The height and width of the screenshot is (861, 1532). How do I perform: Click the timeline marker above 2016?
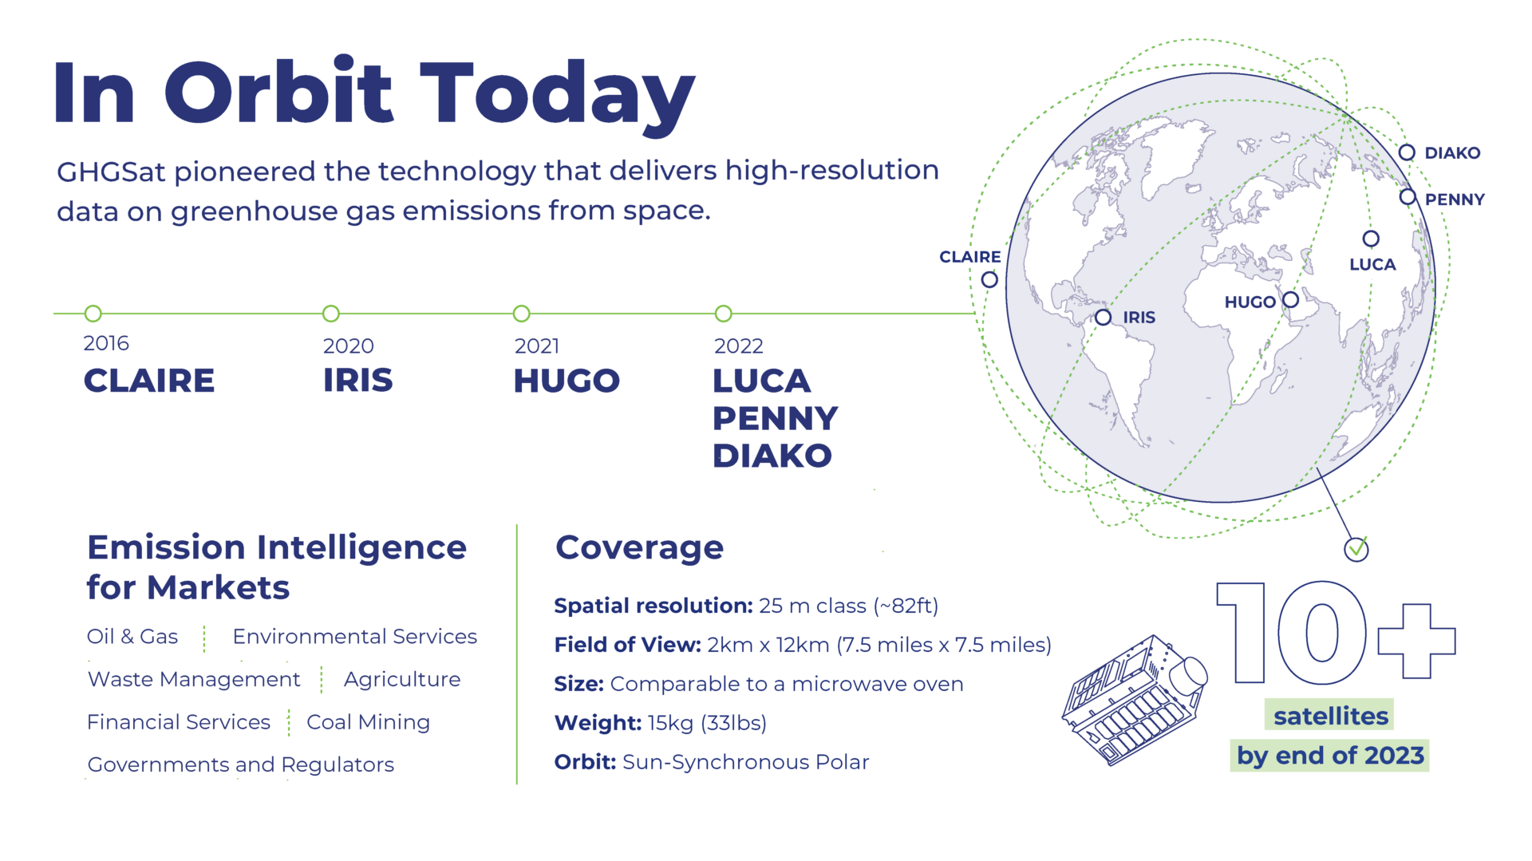[x=93, y=314]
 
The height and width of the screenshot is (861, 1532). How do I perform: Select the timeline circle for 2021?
[x=522, y=314]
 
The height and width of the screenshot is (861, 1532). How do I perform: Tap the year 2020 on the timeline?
[x=348, y=346]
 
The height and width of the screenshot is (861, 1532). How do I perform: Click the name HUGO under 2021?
[x=567, y=381]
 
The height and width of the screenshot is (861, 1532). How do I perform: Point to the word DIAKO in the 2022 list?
[x=772, y=456]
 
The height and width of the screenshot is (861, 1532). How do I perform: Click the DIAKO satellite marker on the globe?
[x=1407, y=152]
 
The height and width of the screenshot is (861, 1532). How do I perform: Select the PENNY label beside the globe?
[x=1454, y=199]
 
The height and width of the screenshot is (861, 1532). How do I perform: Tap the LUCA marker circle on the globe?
[x=1371, y=239]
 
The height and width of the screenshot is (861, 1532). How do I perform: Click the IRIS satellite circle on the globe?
[x=1104, y=318]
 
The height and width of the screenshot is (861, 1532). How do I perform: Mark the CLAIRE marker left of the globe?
[x=989, y=279]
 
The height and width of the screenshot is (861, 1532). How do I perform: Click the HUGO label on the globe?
[x=1250, y=302]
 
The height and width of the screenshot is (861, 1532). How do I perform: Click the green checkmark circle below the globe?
[x=1356, y=549]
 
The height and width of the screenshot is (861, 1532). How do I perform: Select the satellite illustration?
[x=1135, y=700]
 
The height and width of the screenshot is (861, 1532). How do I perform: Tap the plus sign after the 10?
[x=1416, y=641]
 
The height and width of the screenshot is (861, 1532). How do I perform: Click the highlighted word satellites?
[x=1331, y=716]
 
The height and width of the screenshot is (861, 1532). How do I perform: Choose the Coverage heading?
[x=639, y=548]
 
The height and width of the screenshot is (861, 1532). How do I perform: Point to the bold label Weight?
[x=598, y=723]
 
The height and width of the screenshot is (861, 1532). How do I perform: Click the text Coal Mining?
[x=368, y=722]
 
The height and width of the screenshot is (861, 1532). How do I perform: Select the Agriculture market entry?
[x=402, y=679]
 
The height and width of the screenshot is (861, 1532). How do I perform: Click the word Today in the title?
[x=557, y=94]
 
